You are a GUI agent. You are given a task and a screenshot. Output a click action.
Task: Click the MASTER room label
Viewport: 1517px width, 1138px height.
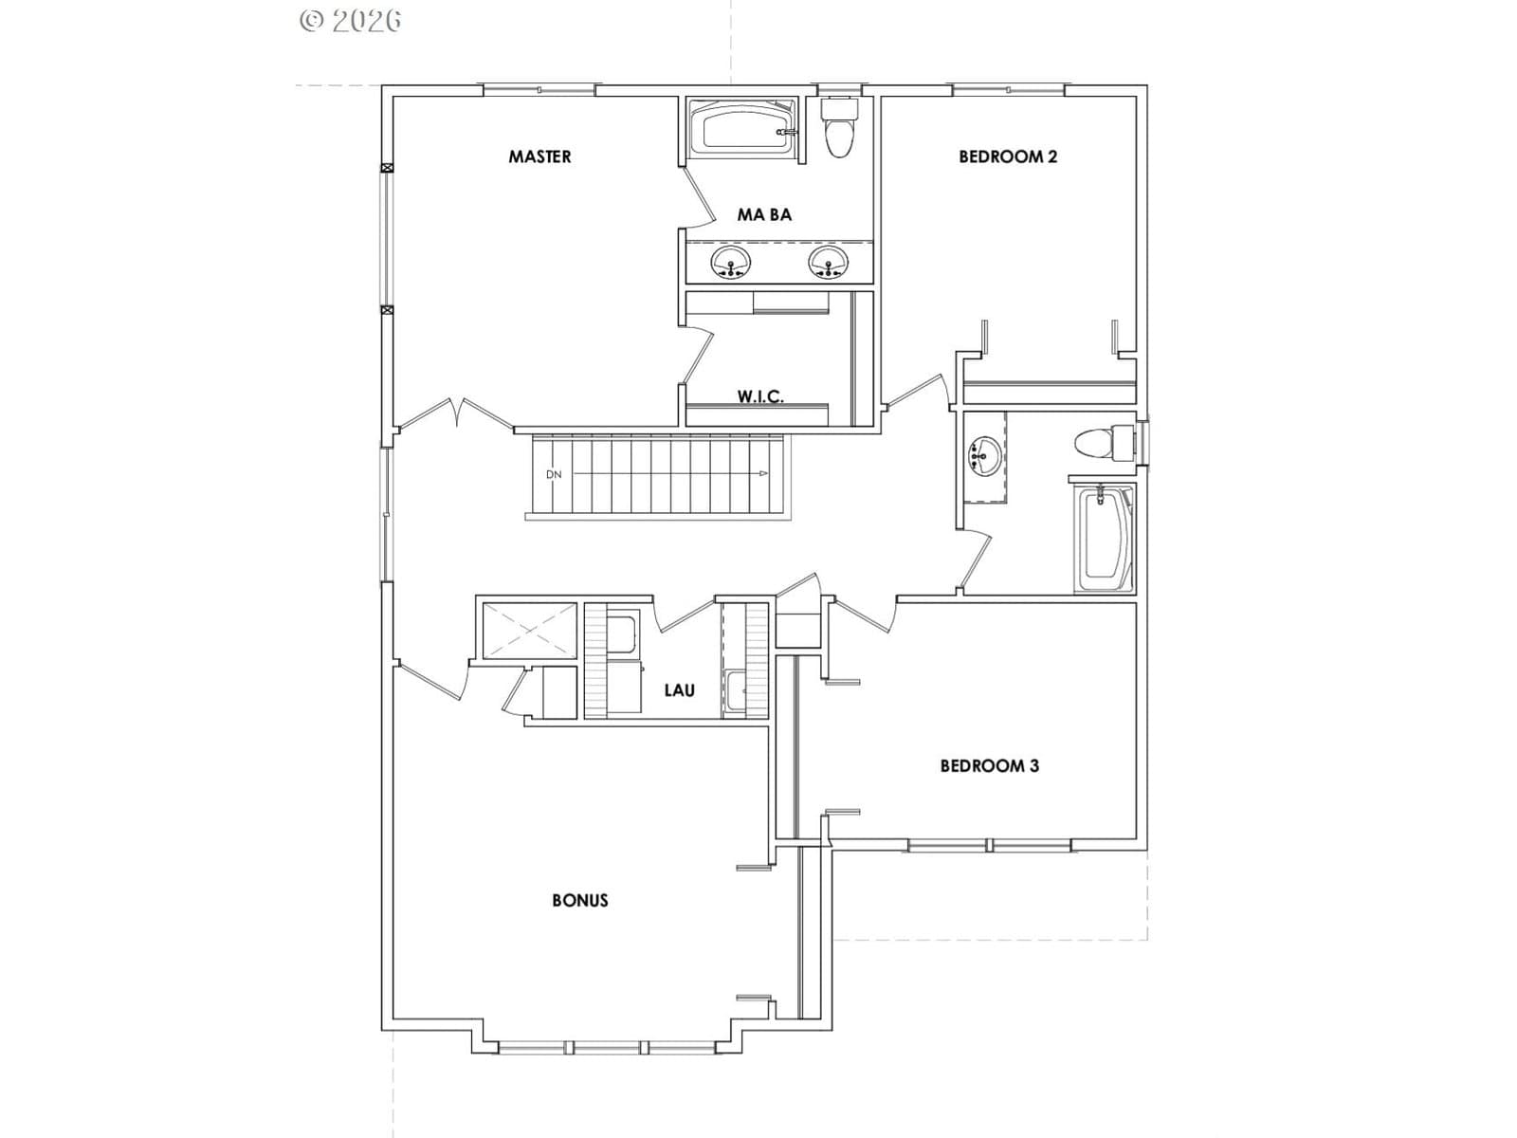coord(539,156)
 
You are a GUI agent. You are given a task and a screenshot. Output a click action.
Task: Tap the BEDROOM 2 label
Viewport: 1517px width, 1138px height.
coord(1008,156)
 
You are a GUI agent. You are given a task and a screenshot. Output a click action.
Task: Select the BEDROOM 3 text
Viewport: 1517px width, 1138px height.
coord(990,765)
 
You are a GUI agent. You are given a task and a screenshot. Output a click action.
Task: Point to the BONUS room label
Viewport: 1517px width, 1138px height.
coord(580,900)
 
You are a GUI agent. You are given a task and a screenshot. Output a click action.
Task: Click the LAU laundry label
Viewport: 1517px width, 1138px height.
coord(680,690)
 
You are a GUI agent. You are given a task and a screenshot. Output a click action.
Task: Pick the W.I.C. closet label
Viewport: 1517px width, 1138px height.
coord(760,396)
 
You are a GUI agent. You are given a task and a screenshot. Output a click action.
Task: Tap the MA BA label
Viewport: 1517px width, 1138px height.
coord(763,215)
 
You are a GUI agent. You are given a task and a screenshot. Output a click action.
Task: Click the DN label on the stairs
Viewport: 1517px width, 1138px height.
coord(554,475)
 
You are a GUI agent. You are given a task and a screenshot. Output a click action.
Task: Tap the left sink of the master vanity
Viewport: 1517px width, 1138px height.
coord(730,263)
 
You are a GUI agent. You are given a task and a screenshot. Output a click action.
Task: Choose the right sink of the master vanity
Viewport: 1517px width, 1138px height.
coord(828,263)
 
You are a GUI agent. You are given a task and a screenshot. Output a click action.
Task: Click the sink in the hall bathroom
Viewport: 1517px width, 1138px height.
coord(982,456)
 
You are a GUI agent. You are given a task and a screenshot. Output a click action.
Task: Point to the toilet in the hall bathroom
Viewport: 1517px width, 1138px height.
coord(1106,442)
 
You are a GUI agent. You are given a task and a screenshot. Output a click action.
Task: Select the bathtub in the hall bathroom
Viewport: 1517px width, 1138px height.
coord(1104,539)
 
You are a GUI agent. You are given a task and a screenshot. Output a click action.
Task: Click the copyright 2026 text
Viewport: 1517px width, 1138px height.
coord(351,21)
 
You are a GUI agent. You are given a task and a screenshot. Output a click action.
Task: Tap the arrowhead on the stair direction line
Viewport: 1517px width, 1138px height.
coord(763,474)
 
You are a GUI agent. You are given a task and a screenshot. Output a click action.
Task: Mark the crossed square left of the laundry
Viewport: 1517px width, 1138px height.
coord(529,631)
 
